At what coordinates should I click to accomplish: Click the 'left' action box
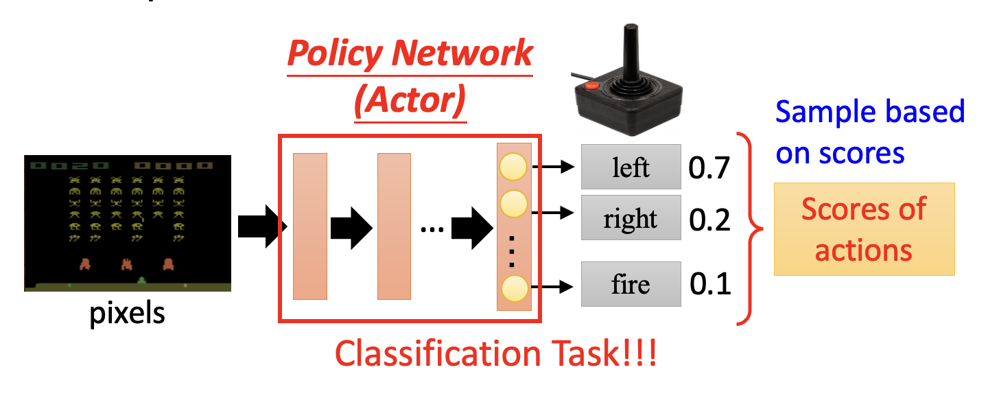[631, 167]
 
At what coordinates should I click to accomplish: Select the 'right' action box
[631, 219]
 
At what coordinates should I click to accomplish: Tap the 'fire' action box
[631, 284]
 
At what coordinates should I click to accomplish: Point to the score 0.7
[710, 167]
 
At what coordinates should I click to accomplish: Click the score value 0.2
[710, 220]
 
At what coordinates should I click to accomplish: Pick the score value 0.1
[710, 284]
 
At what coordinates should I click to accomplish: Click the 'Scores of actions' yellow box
[864, 229]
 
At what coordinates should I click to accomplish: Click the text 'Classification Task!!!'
[495, 354]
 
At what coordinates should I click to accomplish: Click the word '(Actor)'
[410, 100]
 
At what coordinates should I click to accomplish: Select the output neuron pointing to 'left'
[513, 167]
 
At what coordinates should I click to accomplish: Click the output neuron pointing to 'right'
[513, 204]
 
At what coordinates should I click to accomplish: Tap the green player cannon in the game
[142, 279]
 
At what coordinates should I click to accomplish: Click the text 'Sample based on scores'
[870, 132]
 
